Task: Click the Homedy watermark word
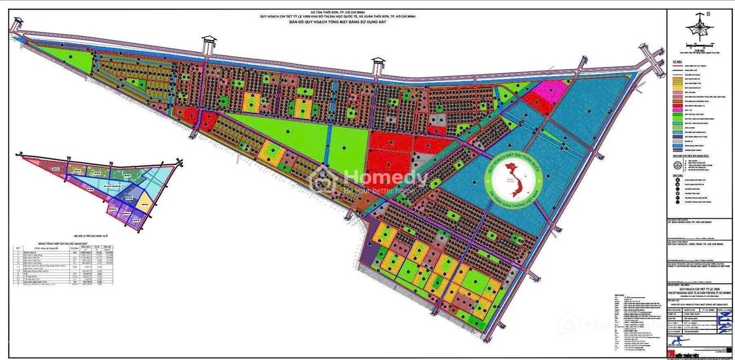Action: (385, 178)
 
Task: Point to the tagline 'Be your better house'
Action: (381, 190)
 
